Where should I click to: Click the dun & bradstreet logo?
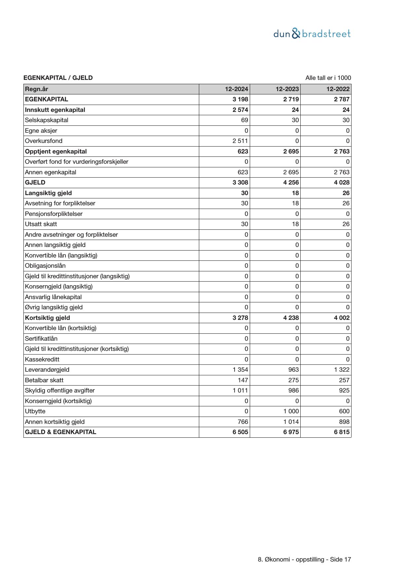click(x=312, y=34)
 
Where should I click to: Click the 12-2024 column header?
click(x=237, y=89)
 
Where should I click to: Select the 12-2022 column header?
click(x=338, y=89)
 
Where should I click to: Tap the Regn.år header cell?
click(x=37, y=89)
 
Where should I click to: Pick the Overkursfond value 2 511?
click(x=240, y=141)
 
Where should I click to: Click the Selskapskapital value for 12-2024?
click(x=244, y=120)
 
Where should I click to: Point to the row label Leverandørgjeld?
click(x=47, y=370)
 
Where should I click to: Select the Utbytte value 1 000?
click(x=291, y=411)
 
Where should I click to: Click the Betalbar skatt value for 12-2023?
click(x=293, y=380)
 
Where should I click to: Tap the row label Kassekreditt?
click(x=42, y=359)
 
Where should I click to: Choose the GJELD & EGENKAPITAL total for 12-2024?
click(x=240, y=432)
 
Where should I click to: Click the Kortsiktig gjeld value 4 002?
click(x=342, y=318)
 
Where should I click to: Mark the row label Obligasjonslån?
click(x=45, y=266)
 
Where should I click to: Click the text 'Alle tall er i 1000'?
click(x=328, y=78)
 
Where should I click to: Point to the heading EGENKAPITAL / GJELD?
click(x=58, y=78)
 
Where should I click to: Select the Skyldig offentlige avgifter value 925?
click(x=344, y=391)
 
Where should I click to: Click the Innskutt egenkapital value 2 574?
click(x=240, y=110)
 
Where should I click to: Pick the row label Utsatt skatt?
click(x=41, y=224)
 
